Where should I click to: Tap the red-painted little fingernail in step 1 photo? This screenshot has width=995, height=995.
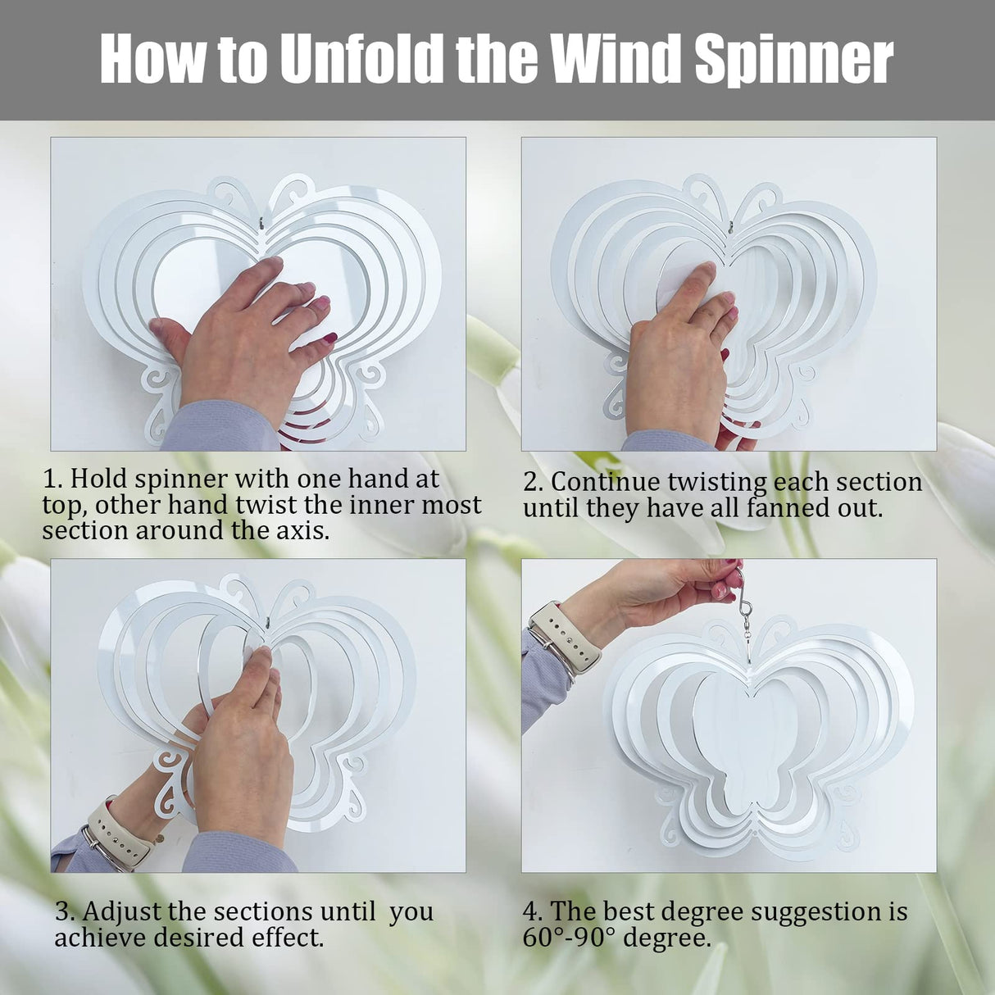(x=330, y=338)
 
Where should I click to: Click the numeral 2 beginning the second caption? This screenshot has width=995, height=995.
(x=531, y=482)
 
